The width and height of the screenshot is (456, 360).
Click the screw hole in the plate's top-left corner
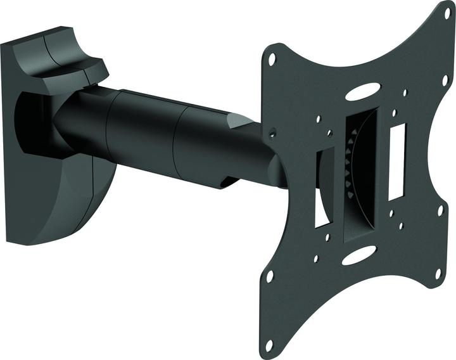tap(272, 58)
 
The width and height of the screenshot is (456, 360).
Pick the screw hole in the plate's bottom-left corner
tap(270, 277)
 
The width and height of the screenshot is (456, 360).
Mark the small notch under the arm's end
tap(227, 183)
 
